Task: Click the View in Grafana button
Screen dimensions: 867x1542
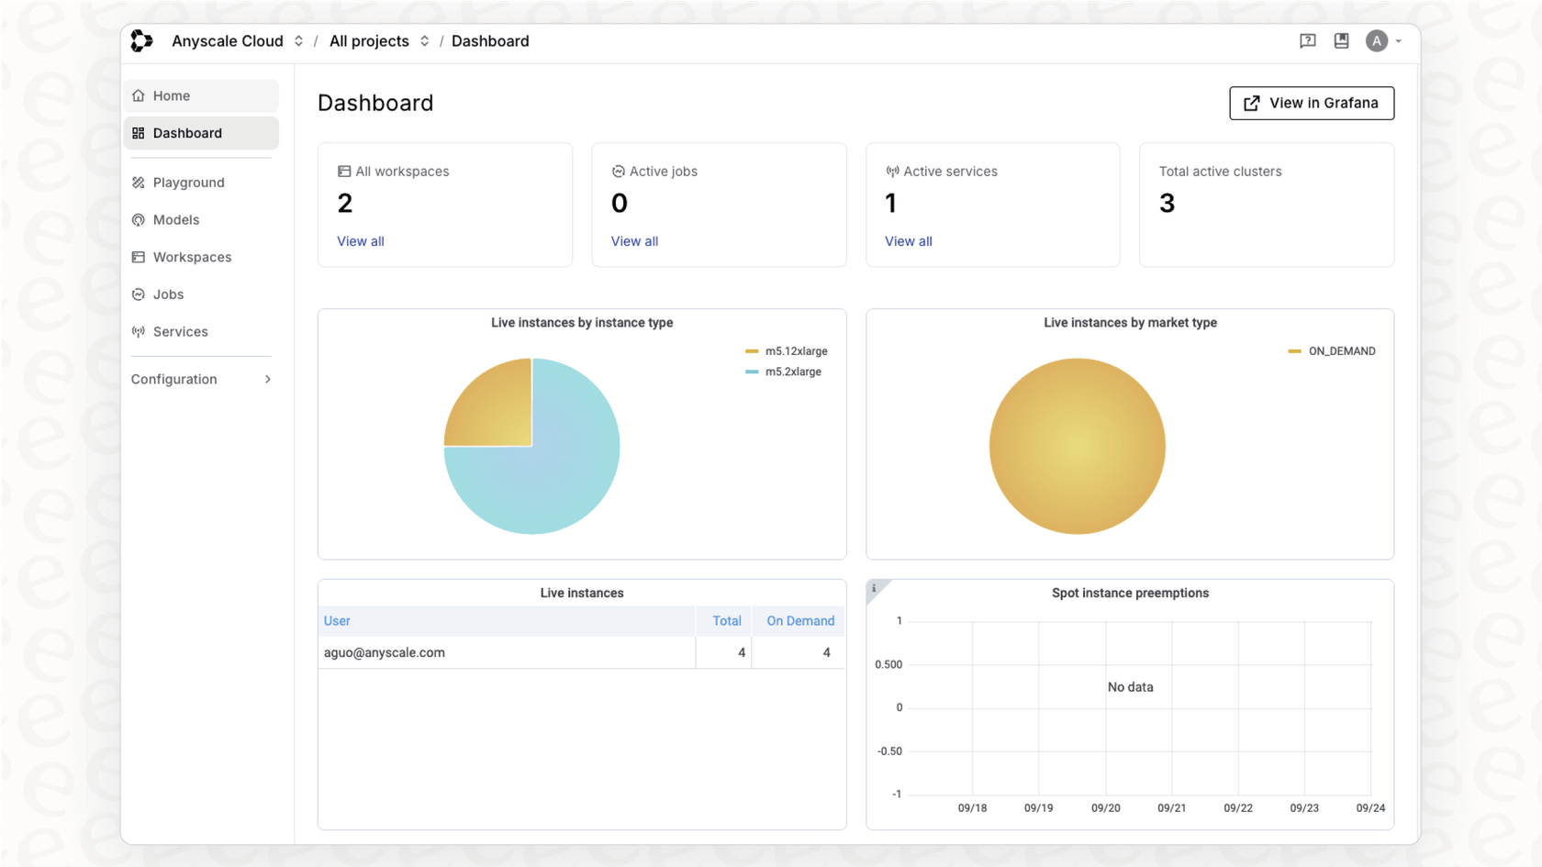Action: (1312, 103)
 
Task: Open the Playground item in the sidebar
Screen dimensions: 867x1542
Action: (188, 183)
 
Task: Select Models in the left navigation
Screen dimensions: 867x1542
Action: (175, 220)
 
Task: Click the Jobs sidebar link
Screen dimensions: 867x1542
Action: (168, 295)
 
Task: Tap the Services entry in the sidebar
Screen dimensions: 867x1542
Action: (180, 332)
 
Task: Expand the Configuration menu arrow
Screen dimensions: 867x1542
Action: (267, 380)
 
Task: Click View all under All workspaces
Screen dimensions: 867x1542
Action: (361, 241)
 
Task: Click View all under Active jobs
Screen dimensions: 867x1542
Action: (634, 241)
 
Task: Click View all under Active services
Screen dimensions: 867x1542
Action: (908, 241)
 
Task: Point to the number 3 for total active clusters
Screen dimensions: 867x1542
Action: (1167, 203)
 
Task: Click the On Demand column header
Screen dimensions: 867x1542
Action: (799, 621)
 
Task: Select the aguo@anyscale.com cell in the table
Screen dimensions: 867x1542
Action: (385, 653)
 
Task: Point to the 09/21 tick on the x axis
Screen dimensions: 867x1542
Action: (1171, 808)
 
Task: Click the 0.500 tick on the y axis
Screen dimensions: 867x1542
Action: (888, 664)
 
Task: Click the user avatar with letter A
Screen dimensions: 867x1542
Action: (1376, 41)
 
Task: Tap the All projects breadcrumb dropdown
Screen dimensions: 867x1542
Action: (378, 41)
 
